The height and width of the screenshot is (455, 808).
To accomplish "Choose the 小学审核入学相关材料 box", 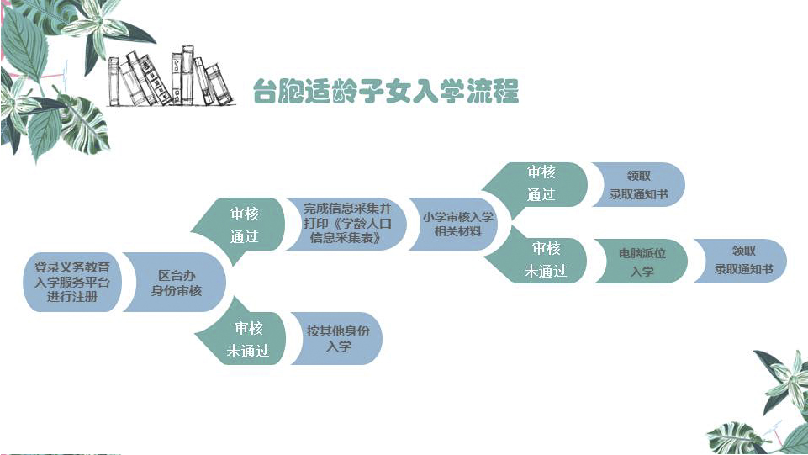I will (x=458, y=224).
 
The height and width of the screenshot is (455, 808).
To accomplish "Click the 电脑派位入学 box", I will (x=642, y=262).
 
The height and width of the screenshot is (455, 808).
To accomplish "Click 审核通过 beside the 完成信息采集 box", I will (x=245, y=225).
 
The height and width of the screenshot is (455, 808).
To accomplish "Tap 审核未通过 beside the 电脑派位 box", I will (x=546, y=260).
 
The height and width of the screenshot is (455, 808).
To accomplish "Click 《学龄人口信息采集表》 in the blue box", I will (x=345, y=232).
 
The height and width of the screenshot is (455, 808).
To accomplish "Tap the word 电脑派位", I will (x=642, y=253).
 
